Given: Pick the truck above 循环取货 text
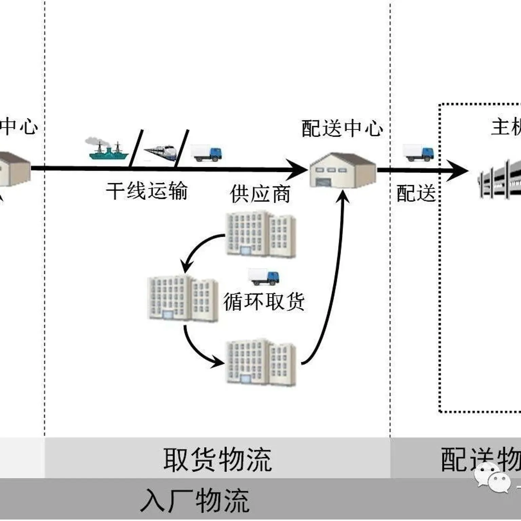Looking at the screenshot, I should coord(264,277).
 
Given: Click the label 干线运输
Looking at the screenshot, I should coord(147,191).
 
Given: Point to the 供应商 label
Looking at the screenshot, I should coord(260,194).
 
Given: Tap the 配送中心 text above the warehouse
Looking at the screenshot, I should coord(342,129).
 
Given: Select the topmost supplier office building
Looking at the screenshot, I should coord(260,234).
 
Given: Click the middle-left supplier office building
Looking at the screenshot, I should coord(182,298).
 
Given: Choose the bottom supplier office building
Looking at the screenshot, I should coord(260,363).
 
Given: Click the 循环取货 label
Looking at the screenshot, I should coord(264,301).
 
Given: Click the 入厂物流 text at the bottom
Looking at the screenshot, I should coord(195,501).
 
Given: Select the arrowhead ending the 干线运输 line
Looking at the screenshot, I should coord(297,169).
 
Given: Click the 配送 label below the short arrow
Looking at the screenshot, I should coord(416,193).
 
